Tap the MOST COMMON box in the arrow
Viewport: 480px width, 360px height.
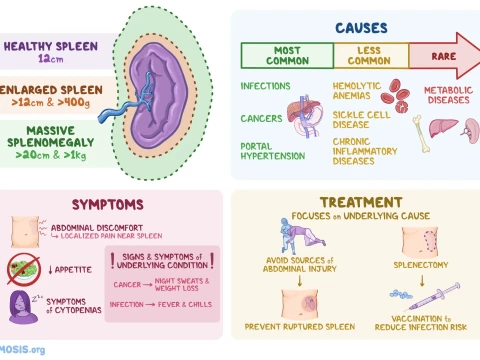pyautogui.click(x=287, y=56)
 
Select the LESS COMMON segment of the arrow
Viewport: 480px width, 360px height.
pyautogui.click(x=370, y=56)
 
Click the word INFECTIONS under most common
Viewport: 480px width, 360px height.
pyautogui.click(x=267, y=86)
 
